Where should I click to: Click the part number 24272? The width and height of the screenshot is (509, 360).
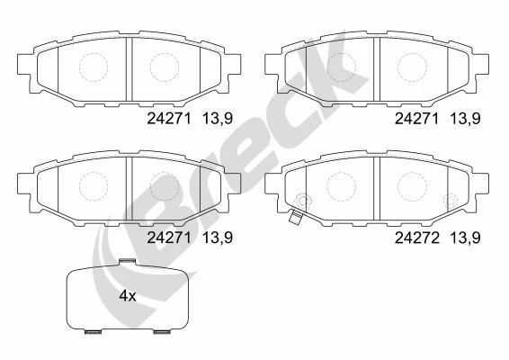pos(416,238)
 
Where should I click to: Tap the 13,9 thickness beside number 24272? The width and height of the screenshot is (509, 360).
pos(465,238)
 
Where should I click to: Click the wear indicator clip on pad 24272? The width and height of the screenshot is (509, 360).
pos(295,218)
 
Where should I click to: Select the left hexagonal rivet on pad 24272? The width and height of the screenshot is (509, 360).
pos(303,200)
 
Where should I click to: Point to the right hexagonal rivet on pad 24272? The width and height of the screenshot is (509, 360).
pos(451,200)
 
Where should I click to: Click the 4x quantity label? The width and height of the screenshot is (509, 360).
pos(128,296)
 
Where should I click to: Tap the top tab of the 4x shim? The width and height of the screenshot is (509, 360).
pos(127,261)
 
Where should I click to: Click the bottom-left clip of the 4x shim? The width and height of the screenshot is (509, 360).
pos(93,332)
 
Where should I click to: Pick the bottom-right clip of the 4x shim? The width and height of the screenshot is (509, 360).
pos(162,332)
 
